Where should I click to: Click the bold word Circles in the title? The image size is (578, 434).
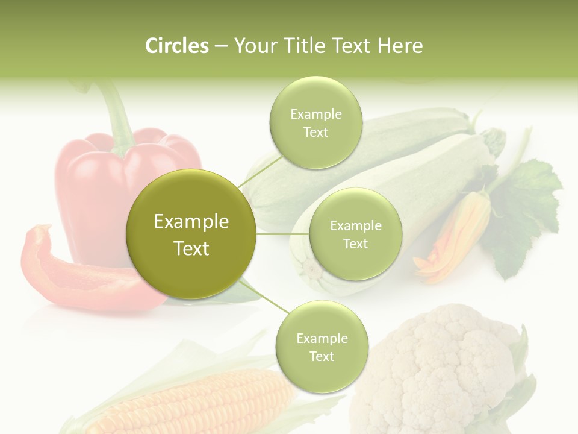click(176, 46)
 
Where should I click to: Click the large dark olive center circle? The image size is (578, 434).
click(191, 234)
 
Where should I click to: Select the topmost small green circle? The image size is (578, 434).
click(315, 122)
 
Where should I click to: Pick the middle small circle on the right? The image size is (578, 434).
click(355, 234)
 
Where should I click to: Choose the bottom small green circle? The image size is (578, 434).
click(322, 347)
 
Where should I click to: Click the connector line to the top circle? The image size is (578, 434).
click(260, 169)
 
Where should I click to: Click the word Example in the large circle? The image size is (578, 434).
click(191, 222)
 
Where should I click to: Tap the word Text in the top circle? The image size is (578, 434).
click(315, 133)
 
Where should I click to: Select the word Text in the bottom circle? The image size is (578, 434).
click(322, 357)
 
